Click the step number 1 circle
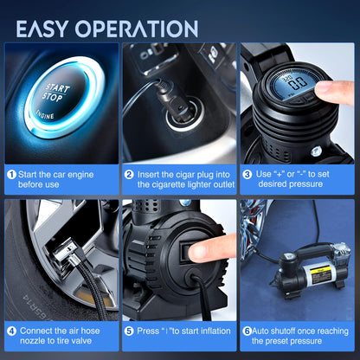(x=12, y=174)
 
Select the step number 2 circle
(x=129, y=174)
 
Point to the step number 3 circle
(x=247, y=174)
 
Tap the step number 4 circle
(x=12, y=331)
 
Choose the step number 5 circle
(x=129, y=331)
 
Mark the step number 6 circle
(x=247, y=331)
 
